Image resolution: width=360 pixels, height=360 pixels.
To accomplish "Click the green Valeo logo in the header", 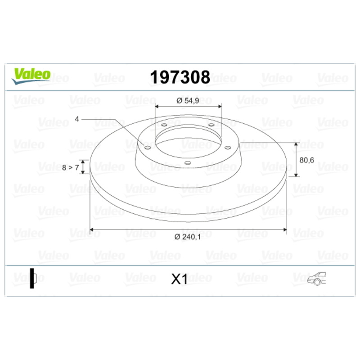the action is pyautogui.click(x=31, y=76).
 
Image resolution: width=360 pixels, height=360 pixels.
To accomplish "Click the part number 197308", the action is pyautogui.click(x=180, y=77).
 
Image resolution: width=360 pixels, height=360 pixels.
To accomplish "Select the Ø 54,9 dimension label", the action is pyautogui.click(x=188, y=100).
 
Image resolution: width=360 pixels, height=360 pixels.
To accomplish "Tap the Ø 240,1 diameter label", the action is pyautogui.click(x=187, y=237).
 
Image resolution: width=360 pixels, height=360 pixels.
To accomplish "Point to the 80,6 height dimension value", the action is pyautogui.click(x=306, y=160).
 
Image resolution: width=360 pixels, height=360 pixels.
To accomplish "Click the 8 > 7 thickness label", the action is pyautogui.click(x=71, y=167).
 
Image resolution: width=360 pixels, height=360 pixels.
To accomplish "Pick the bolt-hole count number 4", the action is pyautogui.click(x=77, y=119).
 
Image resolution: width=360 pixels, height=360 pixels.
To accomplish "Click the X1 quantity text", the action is pyautogui.click(x=179, y=279).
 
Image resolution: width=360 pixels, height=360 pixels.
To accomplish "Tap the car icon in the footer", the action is pyautogui.click(x=317, y=279).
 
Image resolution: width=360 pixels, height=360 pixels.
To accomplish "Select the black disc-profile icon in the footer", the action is pyautogui.click(x=33, y=278).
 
